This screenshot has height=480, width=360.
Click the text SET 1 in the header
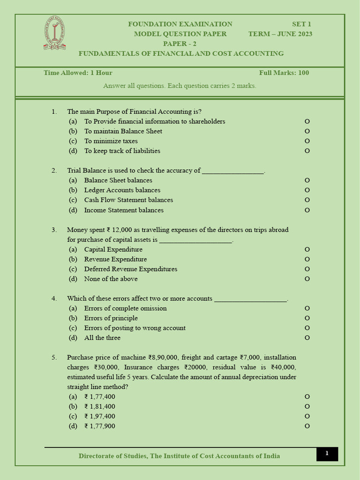[301, 24]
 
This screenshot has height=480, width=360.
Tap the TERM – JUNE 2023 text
[280, 34]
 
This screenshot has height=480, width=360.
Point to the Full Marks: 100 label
[284, 73]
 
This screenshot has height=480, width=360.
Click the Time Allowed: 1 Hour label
[78, 73]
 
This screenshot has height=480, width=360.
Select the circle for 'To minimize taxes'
[307, 141]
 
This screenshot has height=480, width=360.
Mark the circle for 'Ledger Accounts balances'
[307, 190]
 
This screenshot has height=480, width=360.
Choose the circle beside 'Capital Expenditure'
[307, 250]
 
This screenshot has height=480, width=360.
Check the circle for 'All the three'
[307, 338]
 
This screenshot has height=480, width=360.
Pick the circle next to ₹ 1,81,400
[307, 407]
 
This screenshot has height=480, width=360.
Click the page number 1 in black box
[327, 454]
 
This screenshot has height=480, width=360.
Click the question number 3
[54, 230]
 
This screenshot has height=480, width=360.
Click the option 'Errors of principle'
[111, 318]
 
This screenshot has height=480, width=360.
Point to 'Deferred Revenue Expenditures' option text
[130, 269]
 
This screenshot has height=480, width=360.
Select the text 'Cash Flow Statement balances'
[128, 200]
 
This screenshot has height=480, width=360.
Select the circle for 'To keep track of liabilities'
[307, 151]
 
